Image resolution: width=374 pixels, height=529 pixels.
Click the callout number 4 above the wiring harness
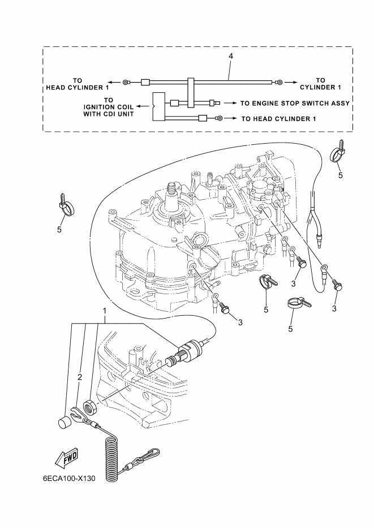[x=230, y=57]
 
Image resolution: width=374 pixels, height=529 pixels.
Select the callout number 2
[x=80, y=377]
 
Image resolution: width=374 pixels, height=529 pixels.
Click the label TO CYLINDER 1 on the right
[x=320, y=83]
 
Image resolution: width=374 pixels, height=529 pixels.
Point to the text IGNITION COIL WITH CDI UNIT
[x=109, y=106]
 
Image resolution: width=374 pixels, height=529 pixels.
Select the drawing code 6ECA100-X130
[x=69, y=478]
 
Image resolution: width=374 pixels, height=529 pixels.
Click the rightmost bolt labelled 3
[x=338, y=287]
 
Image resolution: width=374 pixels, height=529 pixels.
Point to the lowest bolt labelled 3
[x=225, y=308]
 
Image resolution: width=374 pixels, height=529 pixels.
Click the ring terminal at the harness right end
[x=278, y=83]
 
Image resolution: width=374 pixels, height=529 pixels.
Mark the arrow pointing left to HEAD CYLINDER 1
[x=114, y=83]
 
